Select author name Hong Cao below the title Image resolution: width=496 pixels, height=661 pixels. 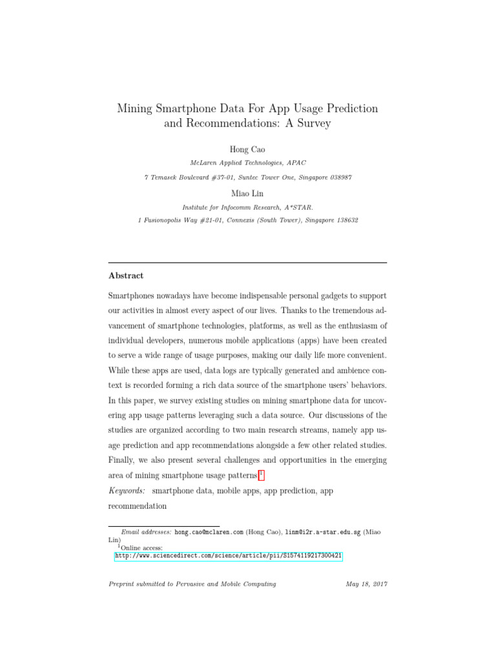pyautogui.click(x=247, y=150)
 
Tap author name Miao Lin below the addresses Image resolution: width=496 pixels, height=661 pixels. pyautogui.click(x=247, y=193)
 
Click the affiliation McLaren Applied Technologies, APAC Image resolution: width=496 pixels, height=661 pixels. pyautogui.click(x=247, y=163)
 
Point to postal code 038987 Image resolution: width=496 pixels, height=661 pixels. pyautogui.click(x=338, y=178)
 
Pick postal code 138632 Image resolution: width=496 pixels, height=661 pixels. pyautogui.click(x=342, y=220)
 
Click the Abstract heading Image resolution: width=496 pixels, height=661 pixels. pyautogui.click(x=126, y=276)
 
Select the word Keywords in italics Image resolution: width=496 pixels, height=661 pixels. pyautogui.click(x=127, y=491)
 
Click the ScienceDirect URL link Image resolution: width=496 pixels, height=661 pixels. pyautogui.click(x=229, y=555)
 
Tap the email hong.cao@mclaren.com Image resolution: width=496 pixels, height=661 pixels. pyautogui.click(x=209, y=532)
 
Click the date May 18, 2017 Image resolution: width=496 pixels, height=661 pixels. pyautogui.click(x=366, y=584)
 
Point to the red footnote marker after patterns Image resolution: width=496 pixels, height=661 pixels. pyautogui.click(x=261, y=475)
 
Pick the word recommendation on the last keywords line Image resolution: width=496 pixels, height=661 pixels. pyautogui.click(x=138, y=507)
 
